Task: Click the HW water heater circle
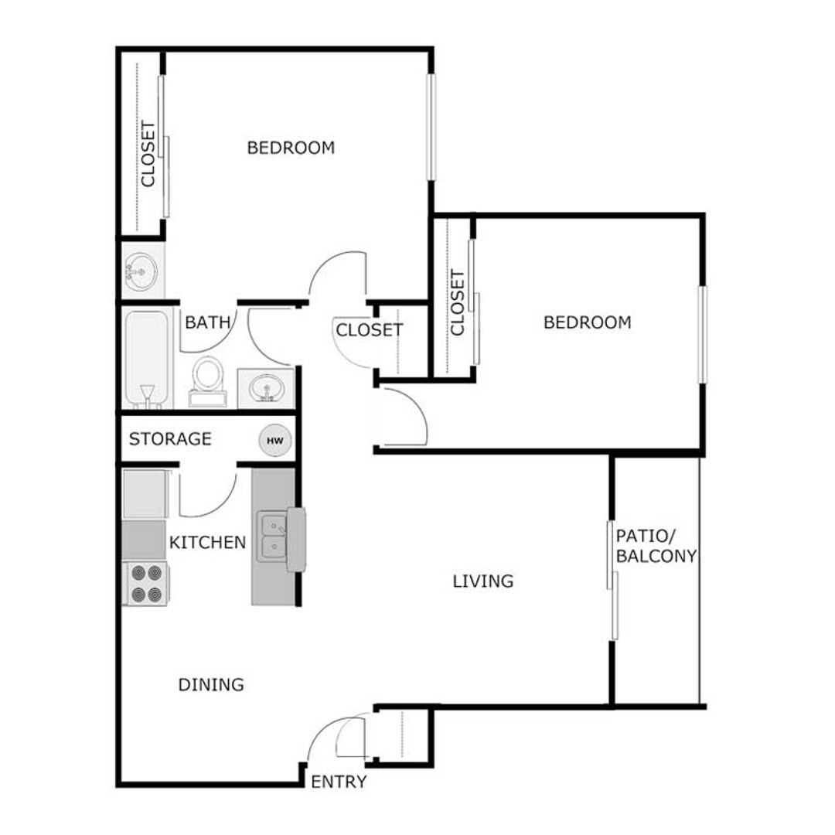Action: click(x=276, y=441)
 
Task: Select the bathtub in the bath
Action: click(x=147, y=357)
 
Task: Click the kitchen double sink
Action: click(x=272, y=537)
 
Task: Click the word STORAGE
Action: click(x=170, y=439)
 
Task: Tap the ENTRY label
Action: click(x=339, y=782)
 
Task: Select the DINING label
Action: click(x=211, y=684)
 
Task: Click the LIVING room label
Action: click(x=483, y=581)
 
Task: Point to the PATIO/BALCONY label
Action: click(x=656, y=545)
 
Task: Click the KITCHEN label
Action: click(x=207, y=543)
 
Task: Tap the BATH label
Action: click(x=208, y=322)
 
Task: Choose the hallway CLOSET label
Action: click(x=369, y=330)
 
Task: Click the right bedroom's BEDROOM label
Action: click(x=587, y=322)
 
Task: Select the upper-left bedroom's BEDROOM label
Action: click(x=291, y=148)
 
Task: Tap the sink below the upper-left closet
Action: click(x=141, y=270)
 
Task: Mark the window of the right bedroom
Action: click(x=702, y=334)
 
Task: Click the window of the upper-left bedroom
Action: click(x=431, y=128)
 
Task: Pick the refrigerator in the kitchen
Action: click(x=145, y=494)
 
